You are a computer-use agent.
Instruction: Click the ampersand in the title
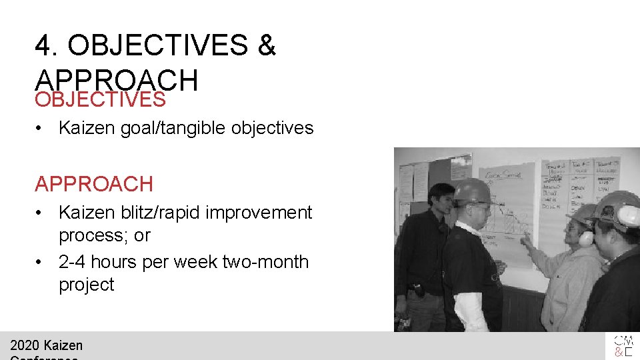266,46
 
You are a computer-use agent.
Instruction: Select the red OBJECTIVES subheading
100,99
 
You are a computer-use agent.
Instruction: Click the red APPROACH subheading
94,183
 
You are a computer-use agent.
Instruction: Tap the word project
87,285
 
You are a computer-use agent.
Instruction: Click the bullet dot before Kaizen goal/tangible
41,128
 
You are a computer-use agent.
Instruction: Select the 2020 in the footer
24,345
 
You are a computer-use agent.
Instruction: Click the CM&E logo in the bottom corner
623,346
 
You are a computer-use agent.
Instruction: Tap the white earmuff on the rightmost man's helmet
628,215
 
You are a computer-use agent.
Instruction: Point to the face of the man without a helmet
441,199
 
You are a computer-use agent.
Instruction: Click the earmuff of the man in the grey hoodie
585,237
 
